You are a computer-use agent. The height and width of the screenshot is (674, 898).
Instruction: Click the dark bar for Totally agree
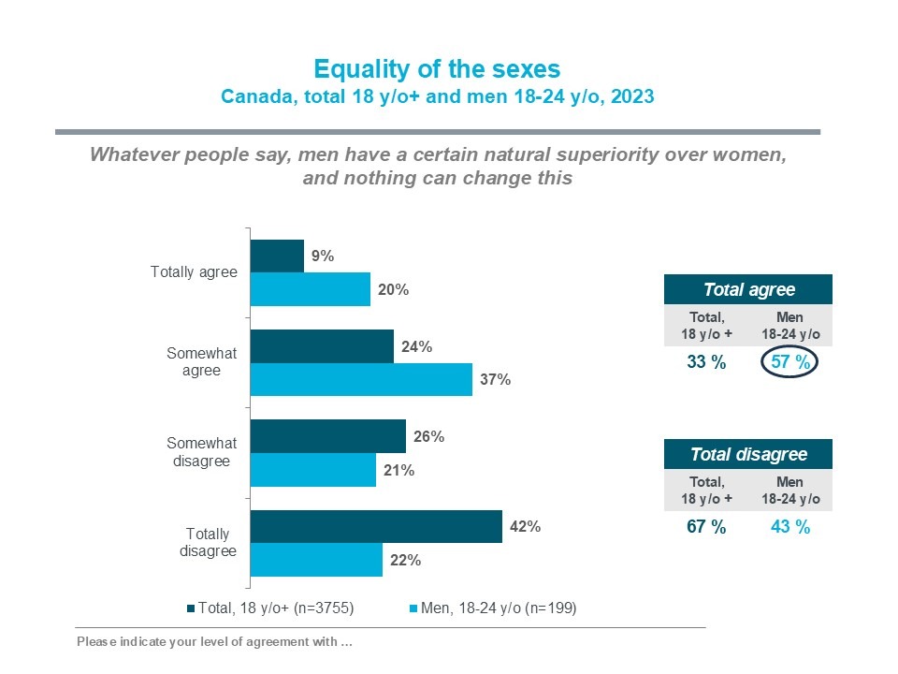click(x=278, y=256)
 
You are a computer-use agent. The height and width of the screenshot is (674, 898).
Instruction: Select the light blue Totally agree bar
click(x=311, y=289)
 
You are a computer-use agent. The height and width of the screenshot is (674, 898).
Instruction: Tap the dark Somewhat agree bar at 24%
click(x=323, y=346)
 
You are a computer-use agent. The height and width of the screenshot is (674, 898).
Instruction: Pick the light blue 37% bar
click(x=362, y=380)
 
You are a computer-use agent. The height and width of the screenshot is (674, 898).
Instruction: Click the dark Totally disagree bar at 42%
click(x=377, y=526)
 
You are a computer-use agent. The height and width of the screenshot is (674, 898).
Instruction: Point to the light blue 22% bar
click(x=317, y=561)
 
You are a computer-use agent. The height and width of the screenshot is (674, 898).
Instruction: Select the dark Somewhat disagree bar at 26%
click(x=328, y=436)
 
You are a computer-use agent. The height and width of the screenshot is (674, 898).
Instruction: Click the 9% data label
click(x=323, y=256)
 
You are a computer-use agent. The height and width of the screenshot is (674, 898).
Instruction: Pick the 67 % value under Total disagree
click(x=706, y=527)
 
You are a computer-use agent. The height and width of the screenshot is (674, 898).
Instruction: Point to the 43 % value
click(x=790, y=527)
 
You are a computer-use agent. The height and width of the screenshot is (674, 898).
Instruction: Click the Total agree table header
click(x=748, y=289)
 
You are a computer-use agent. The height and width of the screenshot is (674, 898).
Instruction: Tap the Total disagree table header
click(x=748, y=455)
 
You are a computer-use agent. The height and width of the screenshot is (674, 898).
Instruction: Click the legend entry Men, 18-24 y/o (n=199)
click(x=497, y=608)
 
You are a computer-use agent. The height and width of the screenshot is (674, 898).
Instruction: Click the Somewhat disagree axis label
click(x=202, y=452)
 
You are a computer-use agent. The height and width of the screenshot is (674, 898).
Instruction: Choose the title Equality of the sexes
click(x=437, y=70)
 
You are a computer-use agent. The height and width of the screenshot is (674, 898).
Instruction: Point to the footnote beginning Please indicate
click(x=215, y=642)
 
